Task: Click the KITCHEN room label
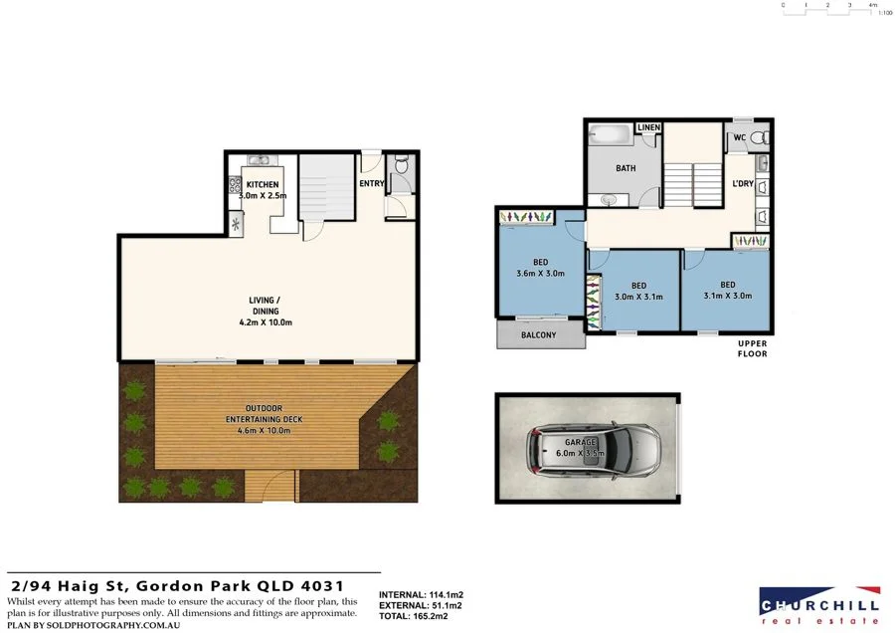point(263,185)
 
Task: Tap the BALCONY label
point(539,335)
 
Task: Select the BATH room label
point(626,168)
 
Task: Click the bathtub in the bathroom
point(610,135)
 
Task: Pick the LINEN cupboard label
point(648,128)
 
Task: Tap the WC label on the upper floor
point(739,137)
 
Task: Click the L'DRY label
point(742,185)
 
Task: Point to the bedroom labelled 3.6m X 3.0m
point(540,268)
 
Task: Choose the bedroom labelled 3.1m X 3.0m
point(728,290)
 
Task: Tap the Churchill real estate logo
point(818,604)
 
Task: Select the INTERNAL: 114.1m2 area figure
point(422,595)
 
